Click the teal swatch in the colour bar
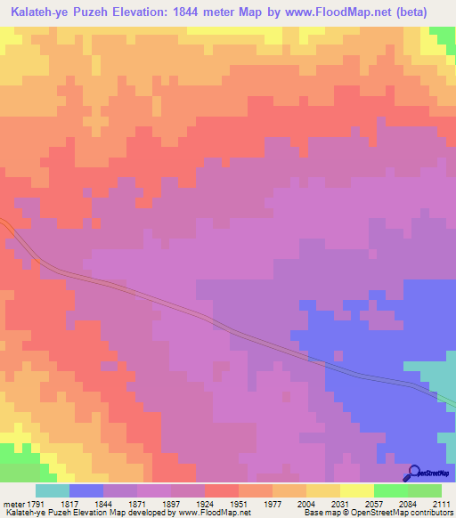pos(53,490)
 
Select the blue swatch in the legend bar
pos(86,490)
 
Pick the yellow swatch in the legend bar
pos(357,490)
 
